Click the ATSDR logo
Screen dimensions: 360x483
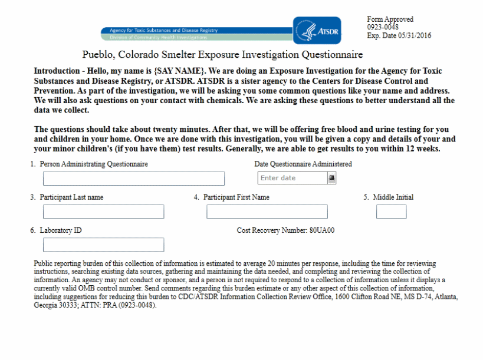[317, 31]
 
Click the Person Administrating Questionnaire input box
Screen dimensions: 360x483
[134, 179]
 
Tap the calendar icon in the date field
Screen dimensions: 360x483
[331, 177]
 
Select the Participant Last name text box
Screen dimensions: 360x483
[103, 212]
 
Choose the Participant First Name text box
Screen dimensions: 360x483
[267, 212]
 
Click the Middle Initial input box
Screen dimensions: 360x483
[391, 212]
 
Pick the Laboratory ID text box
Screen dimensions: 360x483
[103, 245]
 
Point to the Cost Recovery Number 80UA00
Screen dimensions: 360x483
[285, 230]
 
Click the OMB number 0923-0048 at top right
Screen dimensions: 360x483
[383, 27]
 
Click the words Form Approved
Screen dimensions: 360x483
[390, 19]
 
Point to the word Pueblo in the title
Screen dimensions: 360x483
[98, 55]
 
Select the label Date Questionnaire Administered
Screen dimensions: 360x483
[303, 164]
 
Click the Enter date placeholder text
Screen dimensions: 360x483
[278, 178]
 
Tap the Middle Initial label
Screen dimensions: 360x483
[393, 197]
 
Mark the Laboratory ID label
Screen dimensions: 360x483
[61, 230]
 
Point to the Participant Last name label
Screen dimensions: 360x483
[71, 197]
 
